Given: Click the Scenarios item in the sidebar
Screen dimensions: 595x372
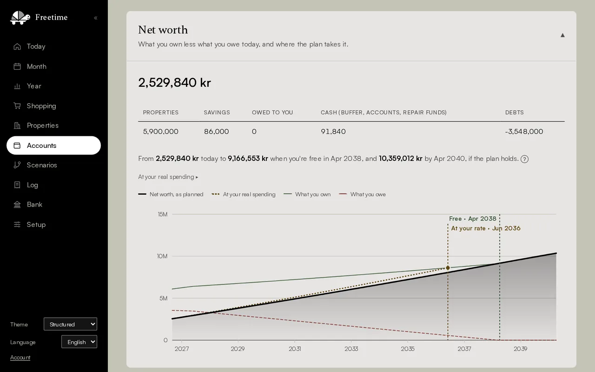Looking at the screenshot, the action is point(42,165).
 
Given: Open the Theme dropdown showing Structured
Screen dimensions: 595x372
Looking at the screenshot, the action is point(70,324).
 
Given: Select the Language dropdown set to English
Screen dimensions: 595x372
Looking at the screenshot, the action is point(79,342).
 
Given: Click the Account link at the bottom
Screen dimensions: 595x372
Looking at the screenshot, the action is point(20,358).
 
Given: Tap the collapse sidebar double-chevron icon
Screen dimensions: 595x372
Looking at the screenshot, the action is point(96,18).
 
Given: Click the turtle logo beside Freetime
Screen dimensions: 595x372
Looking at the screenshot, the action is point(20,18).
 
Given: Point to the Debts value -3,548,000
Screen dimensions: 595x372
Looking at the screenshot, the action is point(524,131).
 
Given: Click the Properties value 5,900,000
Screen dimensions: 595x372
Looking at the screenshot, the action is point(161,131).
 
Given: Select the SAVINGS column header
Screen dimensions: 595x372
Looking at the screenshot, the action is point(217,113).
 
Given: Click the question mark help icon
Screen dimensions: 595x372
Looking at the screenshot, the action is point(524,159).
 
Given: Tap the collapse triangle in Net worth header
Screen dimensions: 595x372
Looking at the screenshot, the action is point(562,35).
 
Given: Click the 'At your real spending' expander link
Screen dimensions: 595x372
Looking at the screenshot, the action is point(168,177).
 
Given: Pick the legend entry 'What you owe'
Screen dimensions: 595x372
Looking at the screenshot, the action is point(362,194).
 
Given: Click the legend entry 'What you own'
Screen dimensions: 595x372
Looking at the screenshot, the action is point(307,194).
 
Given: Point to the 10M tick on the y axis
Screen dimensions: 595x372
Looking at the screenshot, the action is point(162,256).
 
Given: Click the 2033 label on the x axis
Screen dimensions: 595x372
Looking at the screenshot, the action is point(351,349).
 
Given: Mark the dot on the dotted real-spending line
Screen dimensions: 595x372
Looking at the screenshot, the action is point(448,267).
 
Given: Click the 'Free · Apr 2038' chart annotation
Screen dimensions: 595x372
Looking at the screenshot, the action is point(473,219).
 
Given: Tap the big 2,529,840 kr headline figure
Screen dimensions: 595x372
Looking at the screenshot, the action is point(174,82).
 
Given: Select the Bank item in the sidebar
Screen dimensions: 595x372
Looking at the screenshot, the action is point(34,204).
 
